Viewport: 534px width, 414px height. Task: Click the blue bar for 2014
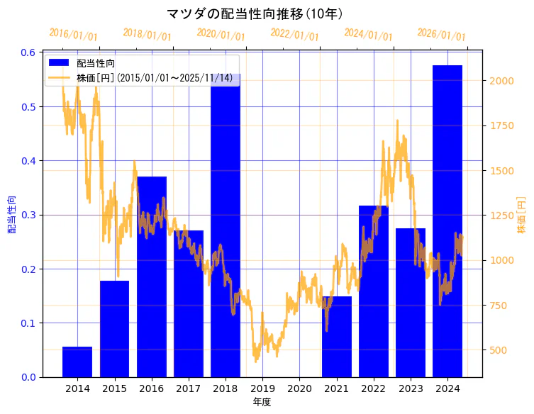pyautogui.click(x=77, y=362)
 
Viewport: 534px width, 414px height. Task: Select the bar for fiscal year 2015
pyautogui.click(x=114, y=329)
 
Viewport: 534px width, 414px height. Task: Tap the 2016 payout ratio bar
pyautogui.click(x=151, y=276)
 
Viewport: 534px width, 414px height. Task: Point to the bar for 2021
pyautogui.click(x=336, y=337)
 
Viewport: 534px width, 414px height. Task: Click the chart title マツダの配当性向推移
pyautogui.click(x=255, y=14)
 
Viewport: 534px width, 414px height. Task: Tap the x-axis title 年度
pyautogui.click(x=262, y=402)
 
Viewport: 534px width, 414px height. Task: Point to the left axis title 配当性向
pyautogui.click(x=12, y=214)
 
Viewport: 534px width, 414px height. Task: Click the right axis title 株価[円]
pyautogui.click(x=521, y=215)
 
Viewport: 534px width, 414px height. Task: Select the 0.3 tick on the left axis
pyautogui.click(x=28, y=215)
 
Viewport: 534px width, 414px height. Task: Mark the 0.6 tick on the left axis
pyautogui.click(x=28, y=52)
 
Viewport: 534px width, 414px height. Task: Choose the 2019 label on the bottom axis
pyautogui.click(x=262, y=388)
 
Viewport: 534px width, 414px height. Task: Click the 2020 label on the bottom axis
pyautogui.click(x=299, y=388)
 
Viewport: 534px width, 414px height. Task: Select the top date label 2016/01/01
pyautogui.click(x=73, y=35)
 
